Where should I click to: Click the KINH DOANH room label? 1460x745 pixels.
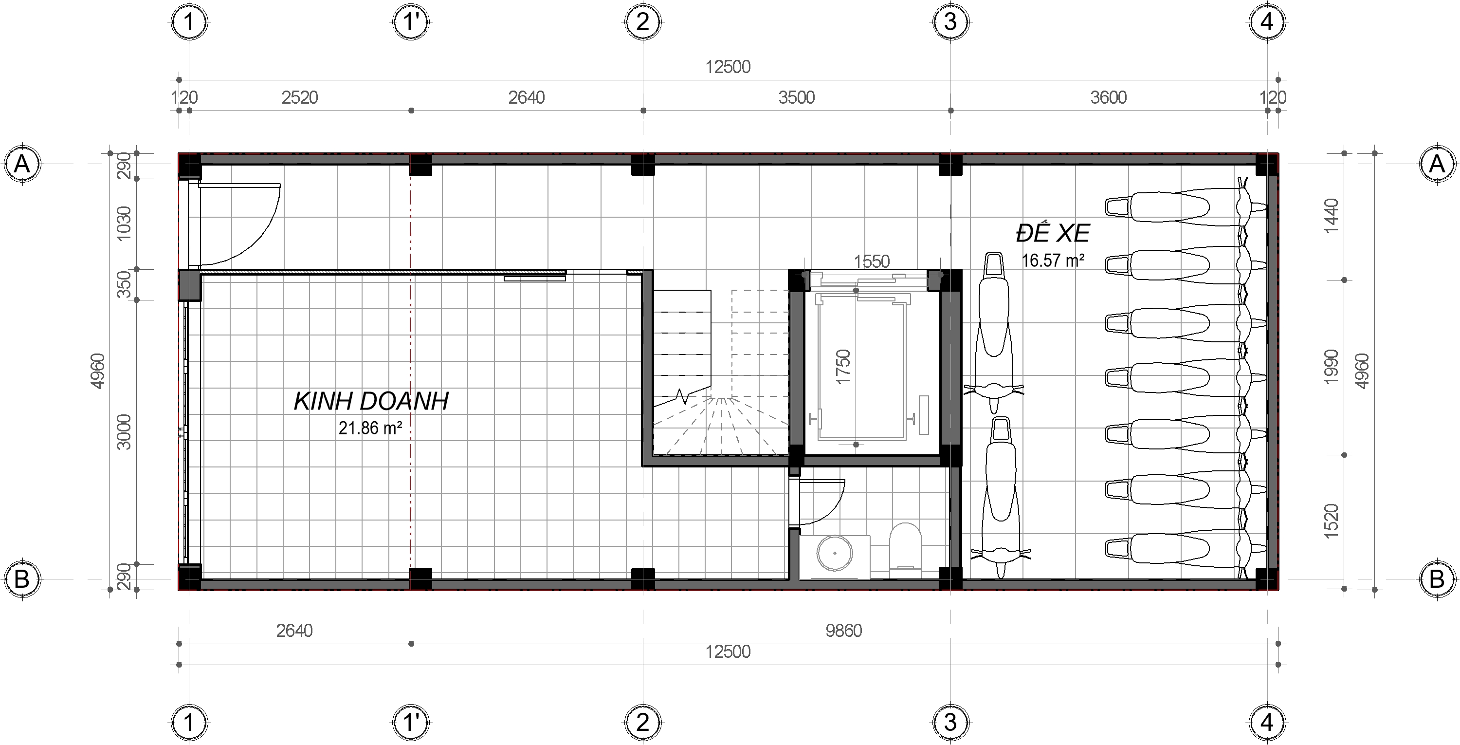click(371, 401)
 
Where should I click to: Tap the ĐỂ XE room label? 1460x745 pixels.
click(1053, 233)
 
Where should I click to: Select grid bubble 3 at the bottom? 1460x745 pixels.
click(950, 722)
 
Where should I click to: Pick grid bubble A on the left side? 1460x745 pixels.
click(22, 165)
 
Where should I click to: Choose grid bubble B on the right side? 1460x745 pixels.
click(1437, 579)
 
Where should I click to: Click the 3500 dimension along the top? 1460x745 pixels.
click(796, 97)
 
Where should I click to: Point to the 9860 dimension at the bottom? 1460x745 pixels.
click(843, 631)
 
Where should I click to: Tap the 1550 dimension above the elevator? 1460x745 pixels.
click(872, 261)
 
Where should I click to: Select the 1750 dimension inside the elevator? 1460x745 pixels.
click(844, 367)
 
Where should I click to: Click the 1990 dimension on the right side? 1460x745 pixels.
click(1332, 367)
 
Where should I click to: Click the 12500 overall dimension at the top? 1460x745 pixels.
click(728, 67)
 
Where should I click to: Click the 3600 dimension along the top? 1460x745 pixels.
click(1108, 97)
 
